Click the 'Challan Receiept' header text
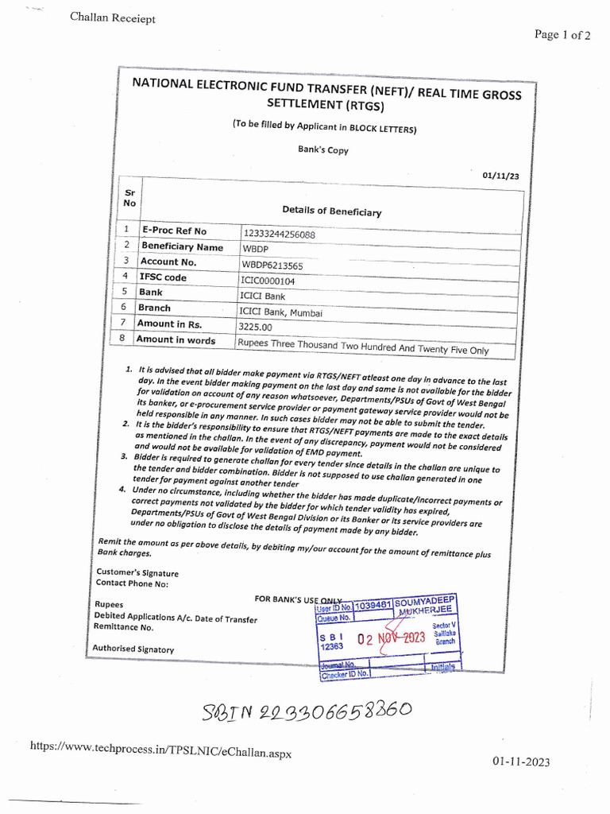[x=113, y=19]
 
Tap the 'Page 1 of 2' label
[x=562, y=35]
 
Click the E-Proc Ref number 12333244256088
[x=279, y=235]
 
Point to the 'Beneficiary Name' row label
[x=182, y=246]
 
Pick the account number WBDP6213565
[x=272, y=266]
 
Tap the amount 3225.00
[x=255, y=327]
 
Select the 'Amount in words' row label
[x=176, y=340]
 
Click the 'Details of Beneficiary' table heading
[x=331, y=211]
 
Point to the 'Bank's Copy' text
[x=322, y=149]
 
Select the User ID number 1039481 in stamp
[x=373, y=606]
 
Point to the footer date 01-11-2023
[x=520, y=762]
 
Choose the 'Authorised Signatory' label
[x=133, y=649]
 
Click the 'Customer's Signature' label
[x=137, y=572]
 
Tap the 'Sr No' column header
[x=129, y=197]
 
